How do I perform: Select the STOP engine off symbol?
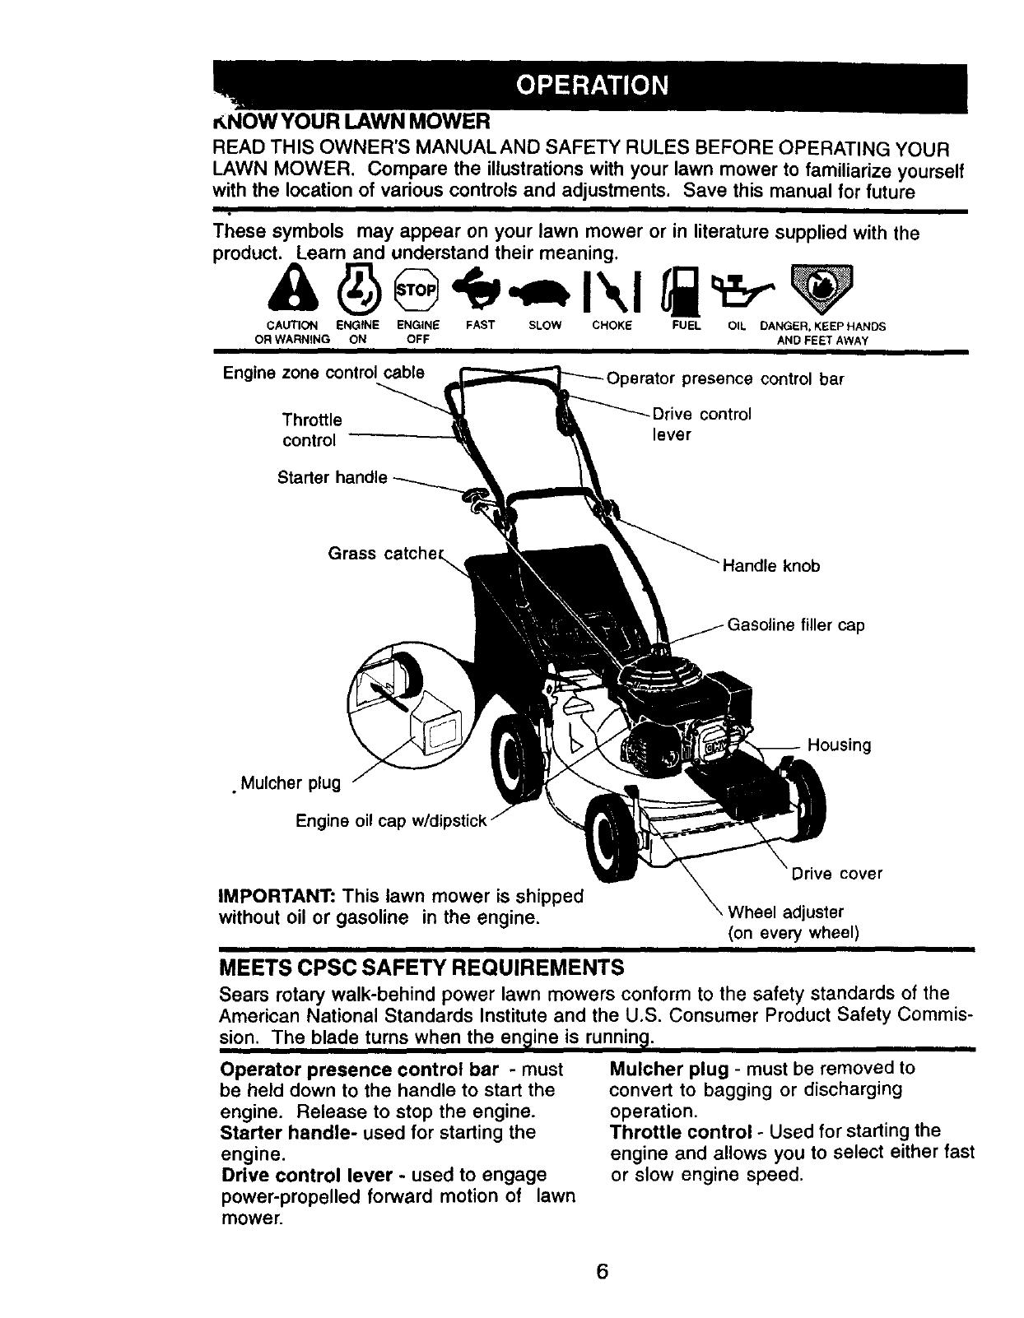pyautogui.click(x=418, y=289)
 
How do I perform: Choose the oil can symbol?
pyautogui.click(x=740, y=285)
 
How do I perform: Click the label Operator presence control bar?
pyautogui.click(x=725, y=379)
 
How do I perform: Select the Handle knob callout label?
pyautogui.click(x=770, y=566)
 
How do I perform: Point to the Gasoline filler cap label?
pyautogui.click(x=795, y=625)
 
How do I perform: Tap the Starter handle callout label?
pyautogui.click(x=333, y=477)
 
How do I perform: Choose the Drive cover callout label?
pyautogui.click(x=836, y=873)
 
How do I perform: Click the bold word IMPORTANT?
pyautogui.click(x=277, y=894)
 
